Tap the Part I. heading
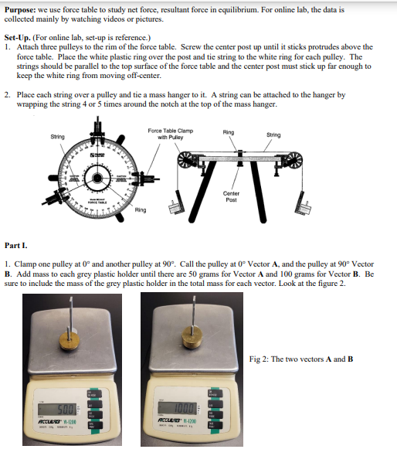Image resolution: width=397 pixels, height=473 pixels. point(16,244)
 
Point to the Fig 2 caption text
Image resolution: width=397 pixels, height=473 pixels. point(301,358)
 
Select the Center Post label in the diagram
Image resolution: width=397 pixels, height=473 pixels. point(231,196)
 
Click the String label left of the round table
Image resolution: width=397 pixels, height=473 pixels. point(57,137)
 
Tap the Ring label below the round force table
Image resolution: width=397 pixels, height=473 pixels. point(140,209)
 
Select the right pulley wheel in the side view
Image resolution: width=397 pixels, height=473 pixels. point(293,162)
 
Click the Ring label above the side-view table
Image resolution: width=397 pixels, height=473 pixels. point(229,132)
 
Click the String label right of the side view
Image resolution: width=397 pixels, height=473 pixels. point(273,135)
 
